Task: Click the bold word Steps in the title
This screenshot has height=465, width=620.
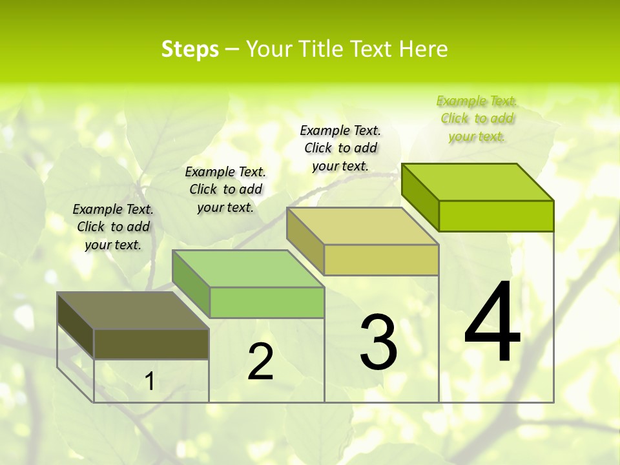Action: (190, 49)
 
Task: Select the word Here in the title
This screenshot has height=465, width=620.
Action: (423, 49)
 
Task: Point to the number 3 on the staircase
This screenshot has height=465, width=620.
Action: (378, 342)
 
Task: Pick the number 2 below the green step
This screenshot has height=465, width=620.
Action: (260, 362)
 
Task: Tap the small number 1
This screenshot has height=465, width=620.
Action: (149, 382)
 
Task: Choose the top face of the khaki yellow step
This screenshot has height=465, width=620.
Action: (362, 226)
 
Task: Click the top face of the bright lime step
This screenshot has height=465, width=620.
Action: (477, 182)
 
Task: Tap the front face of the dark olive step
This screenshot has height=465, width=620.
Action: (151, 344)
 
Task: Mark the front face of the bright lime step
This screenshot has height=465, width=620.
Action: (496, 216)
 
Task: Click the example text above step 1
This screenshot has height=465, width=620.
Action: (113, 227)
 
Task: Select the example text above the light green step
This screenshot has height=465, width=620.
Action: (225, 189)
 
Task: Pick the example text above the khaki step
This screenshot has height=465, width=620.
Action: (340, 148)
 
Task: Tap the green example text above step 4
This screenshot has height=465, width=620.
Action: (477, 118)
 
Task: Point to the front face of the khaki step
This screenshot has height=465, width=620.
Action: (381, 260)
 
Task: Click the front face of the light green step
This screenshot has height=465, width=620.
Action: (267, 302)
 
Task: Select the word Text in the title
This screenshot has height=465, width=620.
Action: (374, 49)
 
